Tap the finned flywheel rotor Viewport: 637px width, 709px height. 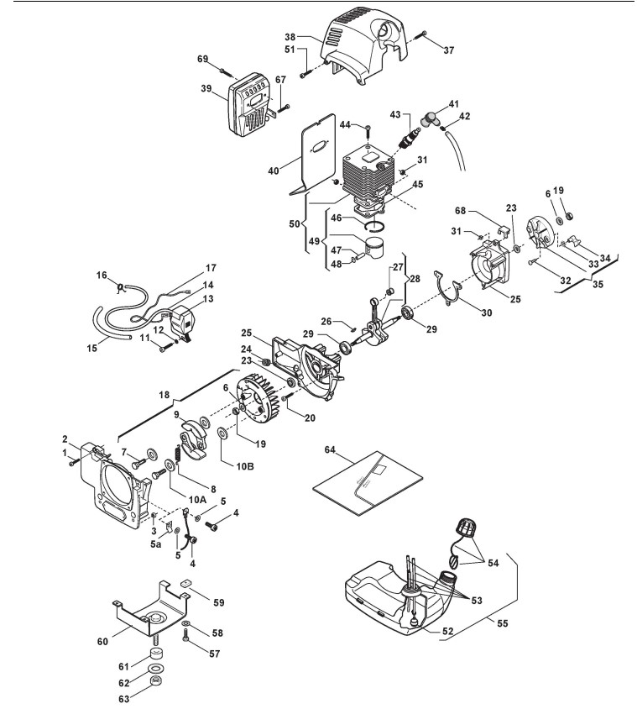tap(257, 400)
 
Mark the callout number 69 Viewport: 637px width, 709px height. tap(202, 59)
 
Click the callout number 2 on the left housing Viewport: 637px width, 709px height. tap(65, 438)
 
